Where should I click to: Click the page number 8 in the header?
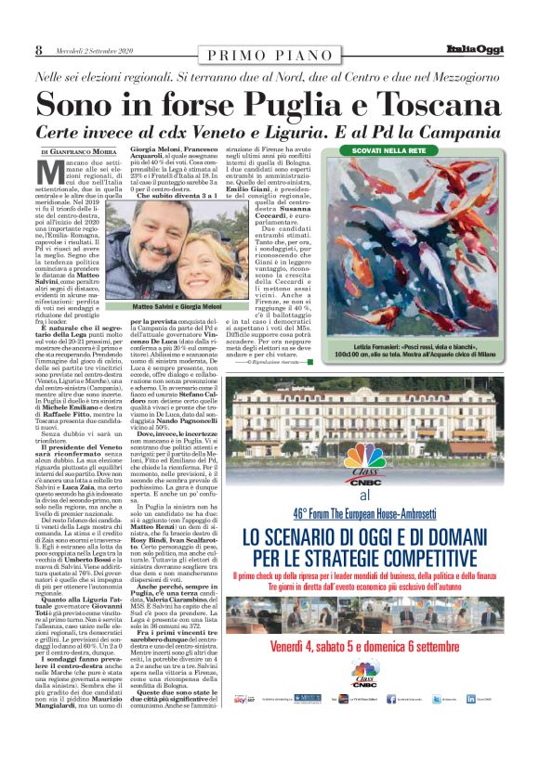click(x=39, y=50)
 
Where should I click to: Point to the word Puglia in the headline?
click(x=281, y=101)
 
